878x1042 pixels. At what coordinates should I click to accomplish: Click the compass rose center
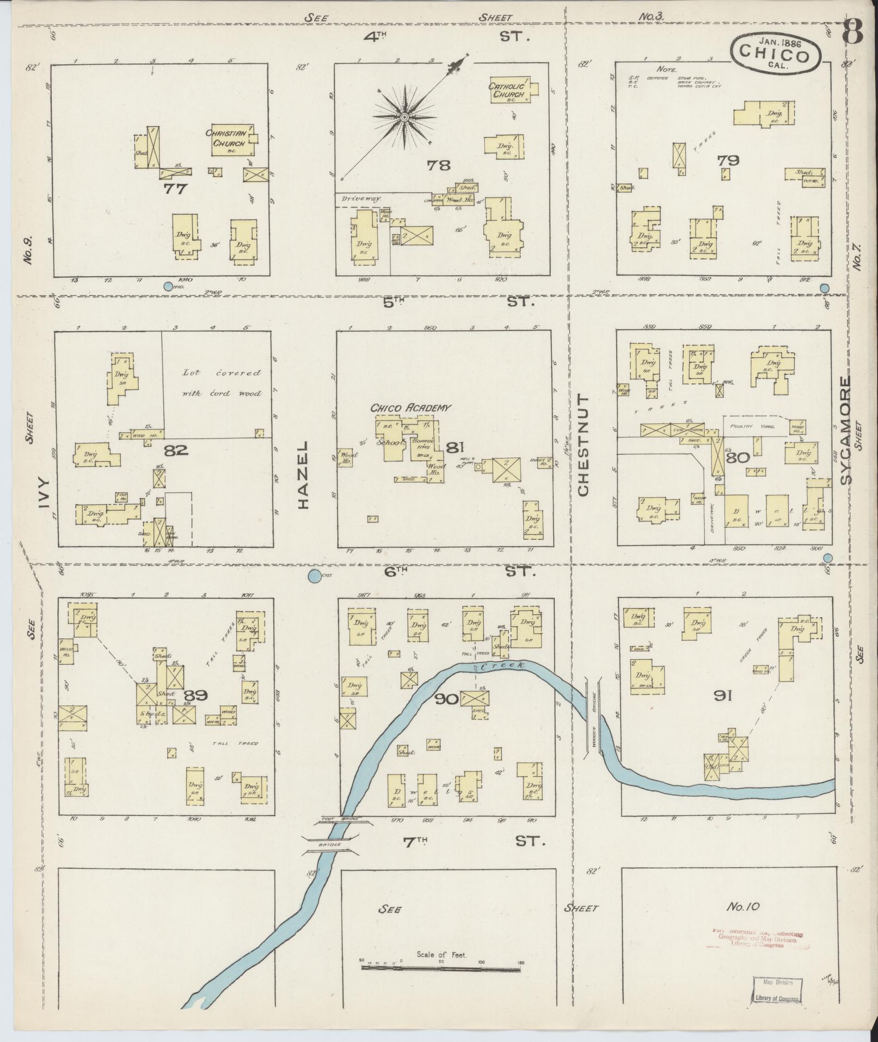(404, 117)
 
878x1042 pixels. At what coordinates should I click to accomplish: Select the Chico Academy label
(411, 408)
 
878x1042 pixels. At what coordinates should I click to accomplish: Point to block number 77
(175, 189)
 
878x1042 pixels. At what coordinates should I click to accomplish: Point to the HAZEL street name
(303, 475)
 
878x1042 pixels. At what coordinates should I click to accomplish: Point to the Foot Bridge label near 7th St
(330, 834)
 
